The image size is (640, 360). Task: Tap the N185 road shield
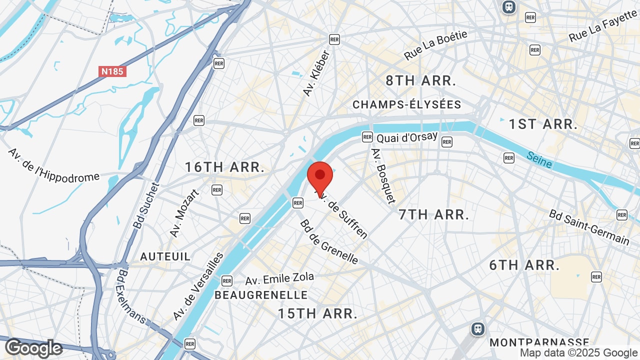pyautogui.click(x=112, y=71)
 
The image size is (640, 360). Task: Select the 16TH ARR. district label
pyautogui.click(x=225, y=167)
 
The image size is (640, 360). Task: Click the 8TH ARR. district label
pyautogui.click(x=421, y=81)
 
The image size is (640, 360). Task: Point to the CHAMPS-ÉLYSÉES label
pyautogui.click(x=406, y=104)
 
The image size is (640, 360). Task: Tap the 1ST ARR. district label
pyautogui.click(x=543, y=124)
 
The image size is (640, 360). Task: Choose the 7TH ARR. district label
pyautogui.click(x=434, y=215)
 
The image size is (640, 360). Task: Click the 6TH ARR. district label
pyautogui.click(x=524, y=265)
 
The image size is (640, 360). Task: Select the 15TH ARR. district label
pyautogui.click(x=318, y=314)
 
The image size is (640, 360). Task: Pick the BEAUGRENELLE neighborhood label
pyautogui.click(x=261, y=295)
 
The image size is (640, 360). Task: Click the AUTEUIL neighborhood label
pyautogui.click(x=165, y=256)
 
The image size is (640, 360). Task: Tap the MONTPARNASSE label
pyautogui.click(x=539, y=342)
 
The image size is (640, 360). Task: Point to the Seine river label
pyautogui.click(x=539, y=160)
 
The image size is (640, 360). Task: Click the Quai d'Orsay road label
pyautogui.click(x=407, y=137)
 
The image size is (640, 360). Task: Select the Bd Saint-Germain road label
pyautogui.click(x=589, y=227)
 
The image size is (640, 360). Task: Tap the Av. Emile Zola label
pyautogui.click(x=279, y=279)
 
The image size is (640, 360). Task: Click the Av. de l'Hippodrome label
pyautogui.click(x=53, y=165)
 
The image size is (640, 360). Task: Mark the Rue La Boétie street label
pyautogui.click(x=435, y=45)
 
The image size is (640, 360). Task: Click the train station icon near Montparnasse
pyautogui.click(x=478, y=328)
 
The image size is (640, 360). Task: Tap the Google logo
pyautogui.click(x=33, y=348)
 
